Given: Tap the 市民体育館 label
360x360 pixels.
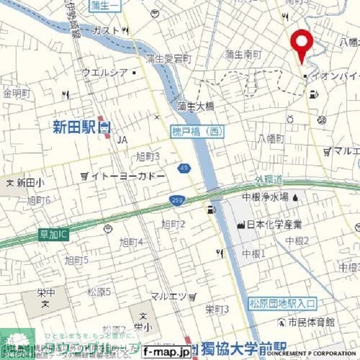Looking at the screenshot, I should [310, 322].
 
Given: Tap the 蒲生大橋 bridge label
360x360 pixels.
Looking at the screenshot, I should [196, 105].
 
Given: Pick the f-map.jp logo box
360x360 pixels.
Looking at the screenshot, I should [166, 352].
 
